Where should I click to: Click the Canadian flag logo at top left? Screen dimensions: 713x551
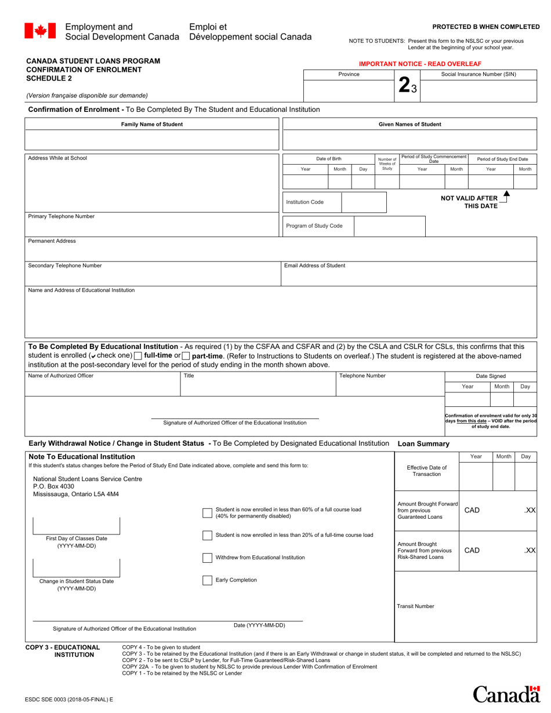(40, 31)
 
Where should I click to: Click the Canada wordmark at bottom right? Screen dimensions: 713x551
(506, 694)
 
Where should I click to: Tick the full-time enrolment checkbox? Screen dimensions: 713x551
(137, 355)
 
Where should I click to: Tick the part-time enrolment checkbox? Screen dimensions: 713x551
(186, 355)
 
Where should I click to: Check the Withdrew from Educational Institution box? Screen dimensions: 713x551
(207, 558)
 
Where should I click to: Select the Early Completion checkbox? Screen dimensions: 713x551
(207, 580)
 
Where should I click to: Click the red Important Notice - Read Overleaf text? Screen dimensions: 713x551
(420, 63)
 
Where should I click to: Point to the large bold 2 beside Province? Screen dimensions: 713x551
(404, 85)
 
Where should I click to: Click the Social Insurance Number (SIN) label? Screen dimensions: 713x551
(478, 74)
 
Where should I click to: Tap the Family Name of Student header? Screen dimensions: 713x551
(152, 124)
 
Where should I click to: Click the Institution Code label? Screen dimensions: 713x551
(304, 202)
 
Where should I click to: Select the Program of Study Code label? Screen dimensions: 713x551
(314, 226)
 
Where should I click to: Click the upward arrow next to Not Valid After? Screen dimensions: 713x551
(506, 195)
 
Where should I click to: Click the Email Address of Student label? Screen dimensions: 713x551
(314, 265)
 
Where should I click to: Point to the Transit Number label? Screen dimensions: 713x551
(415, 606)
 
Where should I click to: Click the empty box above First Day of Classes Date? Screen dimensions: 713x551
(77, 525)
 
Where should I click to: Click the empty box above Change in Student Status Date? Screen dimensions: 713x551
(77, 568)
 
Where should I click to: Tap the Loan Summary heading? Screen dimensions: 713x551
(423, 444)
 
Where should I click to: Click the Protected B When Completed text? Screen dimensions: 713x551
(486, 27)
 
